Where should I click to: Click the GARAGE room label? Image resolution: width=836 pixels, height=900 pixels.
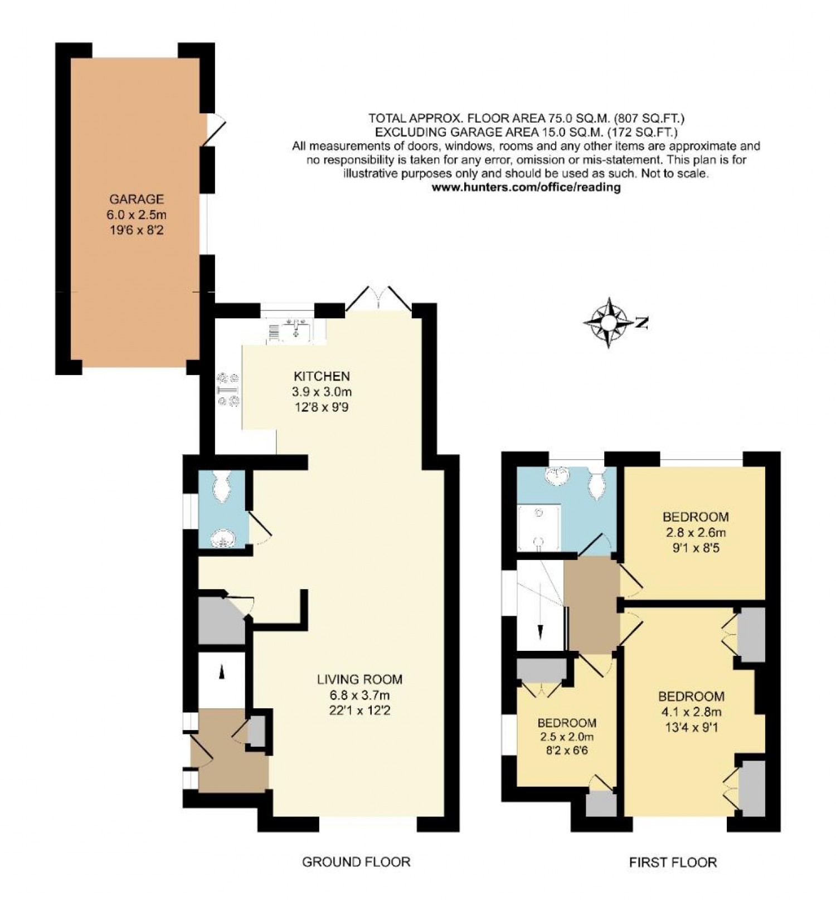tap(136, 199)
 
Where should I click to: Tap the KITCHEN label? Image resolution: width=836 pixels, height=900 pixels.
tap(322, 376)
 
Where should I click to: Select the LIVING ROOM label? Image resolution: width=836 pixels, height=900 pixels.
tap(359, 679)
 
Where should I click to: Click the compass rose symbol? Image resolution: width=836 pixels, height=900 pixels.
tap(610, 322)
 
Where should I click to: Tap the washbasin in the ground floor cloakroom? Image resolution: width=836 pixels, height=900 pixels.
tap(223, 538)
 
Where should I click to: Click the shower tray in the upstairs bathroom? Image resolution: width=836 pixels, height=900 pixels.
tap(538, 527)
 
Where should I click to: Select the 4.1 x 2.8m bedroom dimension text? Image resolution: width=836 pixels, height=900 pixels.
tap(691, 712)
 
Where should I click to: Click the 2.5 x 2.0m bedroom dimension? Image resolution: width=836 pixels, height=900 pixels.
tap(566, 737)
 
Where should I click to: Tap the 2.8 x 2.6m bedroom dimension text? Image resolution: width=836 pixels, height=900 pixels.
tap(696, 532)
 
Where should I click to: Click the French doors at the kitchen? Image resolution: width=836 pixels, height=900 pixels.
tap(379, 299)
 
